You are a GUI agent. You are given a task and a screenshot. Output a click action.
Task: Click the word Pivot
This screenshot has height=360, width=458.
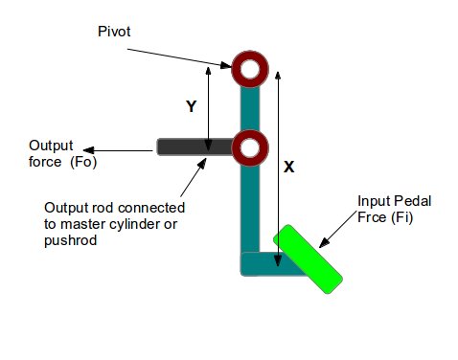coord(114,32)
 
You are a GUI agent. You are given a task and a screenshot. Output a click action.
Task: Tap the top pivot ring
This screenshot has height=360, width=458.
coord(250,57)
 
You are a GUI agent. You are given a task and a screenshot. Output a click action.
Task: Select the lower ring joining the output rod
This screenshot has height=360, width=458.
coord(250,136)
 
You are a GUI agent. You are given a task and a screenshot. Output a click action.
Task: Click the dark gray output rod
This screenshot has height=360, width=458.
coord(195,146)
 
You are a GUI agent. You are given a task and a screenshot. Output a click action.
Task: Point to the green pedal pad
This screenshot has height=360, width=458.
coord(308,259)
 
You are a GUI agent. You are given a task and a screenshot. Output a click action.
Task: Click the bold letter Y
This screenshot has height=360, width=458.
coord(191,106)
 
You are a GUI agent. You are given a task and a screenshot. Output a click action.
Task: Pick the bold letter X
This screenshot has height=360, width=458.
coord(288,167)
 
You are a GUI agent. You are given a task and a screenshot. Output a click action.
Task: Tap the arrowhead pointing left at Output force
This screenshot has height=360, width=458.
coord(89,150)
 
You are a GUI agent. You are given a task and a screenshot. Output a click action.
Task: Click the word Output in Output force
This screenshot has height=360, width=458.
coord(51,146)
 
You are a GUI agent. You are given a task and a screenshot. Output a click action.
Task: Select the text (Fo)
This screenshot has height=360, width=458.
coord(83,162)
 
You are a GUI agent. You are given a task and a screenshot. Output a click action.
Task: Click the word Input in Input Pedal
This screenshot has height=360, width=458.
coord(370,201)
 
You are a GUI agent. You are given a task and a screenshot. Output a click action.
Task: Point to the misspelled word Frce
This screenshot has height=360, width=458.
coord(371,217)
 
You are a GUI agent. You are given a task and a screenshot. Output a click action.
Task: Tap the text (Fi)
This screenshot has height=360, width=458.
coord(401,217)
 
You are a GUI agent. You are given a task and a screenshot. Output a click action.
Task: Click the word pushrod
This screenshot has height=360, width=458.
coord(70,240)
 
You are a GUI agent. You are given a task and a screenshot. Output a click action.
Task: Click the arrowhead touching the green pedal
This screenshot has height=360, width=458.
coord(324,243)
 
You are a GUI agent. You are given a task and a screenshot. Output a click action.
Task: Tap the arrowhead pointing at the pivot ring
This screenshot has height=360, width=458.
coord(226,65)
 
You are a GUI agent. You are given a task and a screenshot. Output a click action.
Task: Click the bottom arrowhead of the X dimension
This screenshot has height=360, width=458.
coord(278,260)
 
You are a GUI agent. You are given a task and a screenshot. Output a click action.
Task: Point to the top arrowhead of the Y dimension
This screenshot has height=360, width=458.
coord(208,71)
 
